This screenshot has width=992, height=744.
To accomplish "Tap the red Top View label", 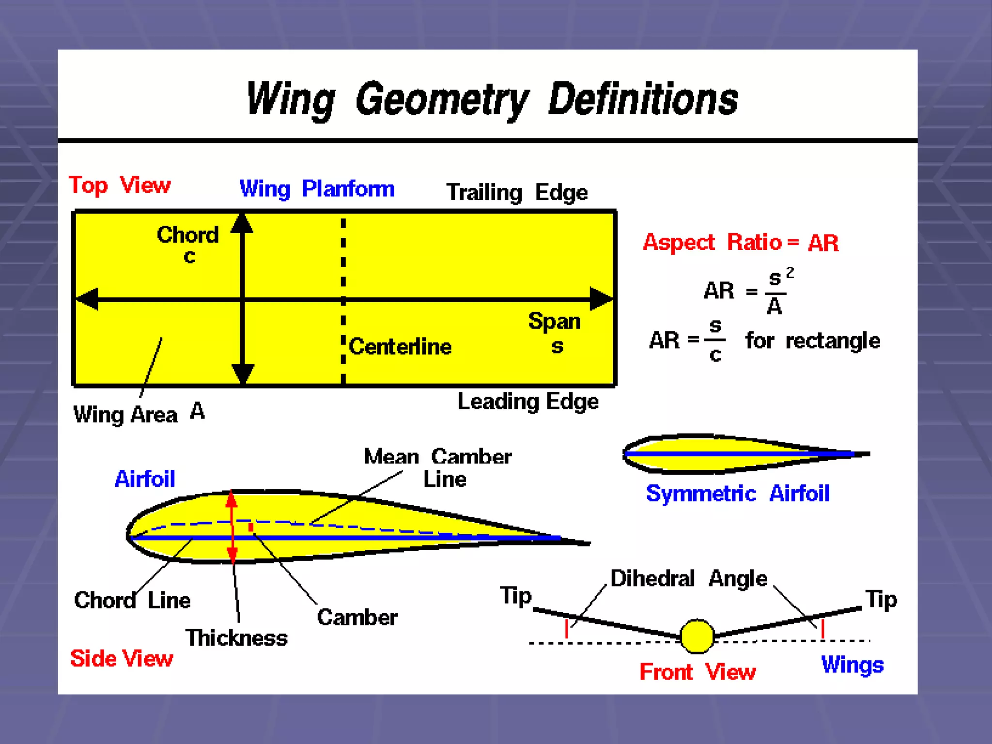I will (120, 186).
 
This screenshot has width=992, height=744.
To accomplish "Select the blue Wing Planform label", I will (317, 189).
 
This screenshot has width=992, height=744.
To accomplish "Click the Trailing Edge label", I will (516, 193).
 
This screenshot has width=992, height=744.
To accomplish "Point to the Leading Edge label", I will (527, 402).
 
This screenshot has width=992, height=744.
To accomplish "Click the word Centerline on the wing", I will (400, 347).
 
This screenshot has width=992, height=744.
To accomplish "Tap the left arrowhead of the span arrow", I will (88, 299).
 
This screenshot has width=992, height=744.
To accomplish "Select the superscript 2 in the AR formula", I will (790, 273).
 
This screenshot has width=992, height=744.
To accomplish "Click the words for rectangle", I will (812, 341).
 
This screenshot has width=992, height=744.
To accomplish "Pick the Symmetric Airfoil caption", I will (737, 494).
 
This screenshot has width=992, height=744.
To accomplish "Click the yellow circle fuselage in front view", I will (697, 636).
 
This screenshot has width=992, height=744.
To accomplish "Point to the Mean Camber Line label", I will (437, 467).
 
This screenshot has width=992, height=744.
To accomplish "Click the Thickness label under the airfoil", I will (236, 638).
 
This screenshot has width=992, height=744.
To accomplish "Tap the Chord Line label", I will (132, 601).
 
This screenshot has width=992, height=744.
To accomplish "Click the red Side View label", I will (122, 659).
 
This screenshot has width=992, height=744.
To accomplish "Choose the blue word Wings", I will (852, 665).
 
